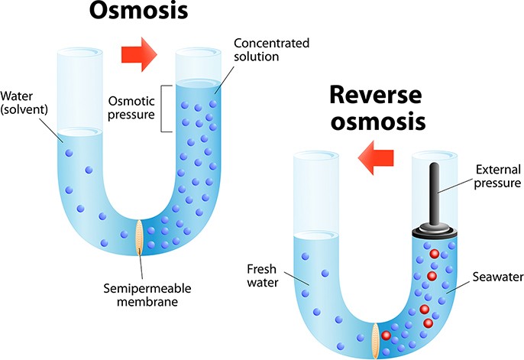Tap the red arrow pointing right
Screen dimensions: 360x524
(138, 55)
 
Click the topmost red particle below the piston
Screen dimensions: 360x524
(434, 253)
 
